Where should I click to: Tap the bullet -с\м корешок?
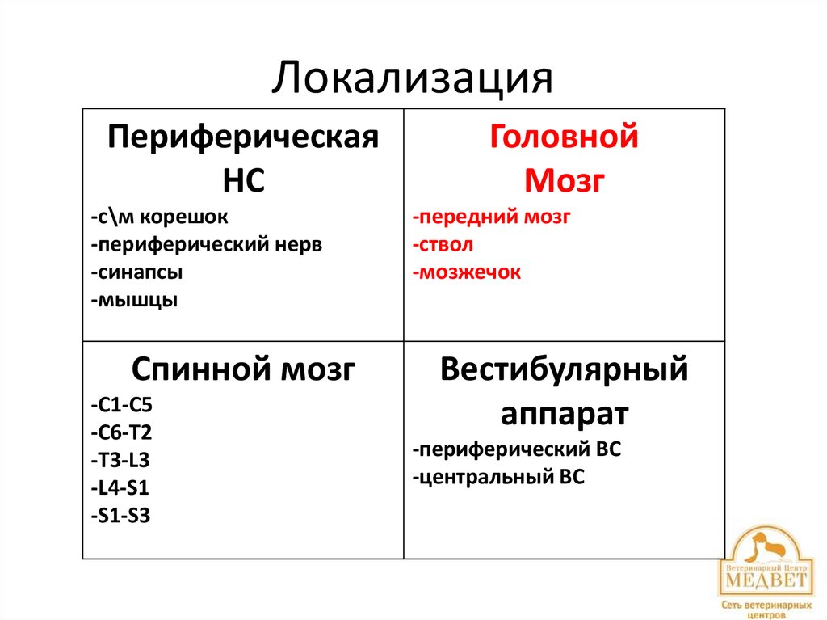pyautogui.click(x=159, y=217)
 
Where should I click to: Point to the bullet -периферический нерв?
pyautogui.click(x=206, y=245)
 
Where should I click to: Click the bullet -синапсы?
pyautogui.click(x=136, y=272)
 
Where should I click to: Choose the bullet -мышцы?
pyautogui.click(x=134, y=300)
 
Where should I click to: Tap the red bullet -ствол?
pyautogui.click(x=442, y=245)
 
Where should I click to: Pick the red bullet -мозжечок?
pyautogui.click(x=466, y=272)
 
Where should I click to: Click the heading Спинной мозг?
pyautogui.click(x=243, y=370)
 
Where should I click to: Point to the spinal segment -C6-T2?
pyautogui.click(x=121, y=432)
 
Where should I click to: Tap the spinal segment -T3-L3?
pyautogui.click(x=120, y=460)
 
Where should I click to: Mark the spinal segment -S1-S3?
pyautogui.click(x=120, y=515)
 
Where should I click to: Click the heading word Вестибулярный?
pyautogui.click(x=564, y=370)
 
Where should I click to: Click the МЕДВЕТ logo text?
pyautogui.click(x=763, y=580)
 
